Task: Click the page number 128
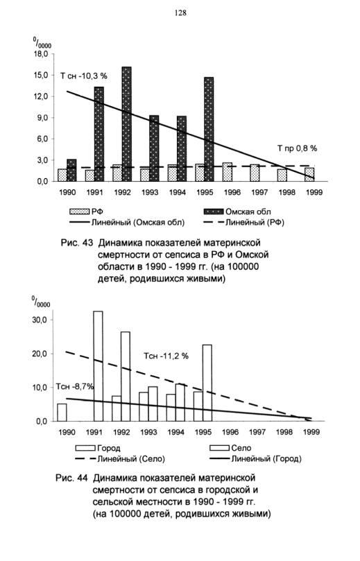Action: pyautogui.click(x=181, y=13)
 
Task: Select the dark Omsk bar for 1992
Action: pyautogui.click(x=127, y=124)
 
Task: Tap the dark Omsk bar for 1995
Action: pyautogui.click(x=209, y=129)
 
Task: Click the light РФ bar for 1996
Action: pyautogui.click(x=228, y=172)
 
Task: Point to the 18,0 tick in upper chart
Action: pyautogui.click(x=41, y=54)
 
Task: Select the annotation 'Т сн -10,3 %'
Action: pyautogui.click(x=84, y=76)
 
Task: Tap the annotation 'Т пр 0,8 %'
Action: pyautogui.click(x=297, y=148)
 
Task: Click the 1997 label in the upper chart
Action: pyautogui.click(x=259, y=193)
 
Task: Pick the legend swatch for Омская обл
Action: pyautogui.click(x=213, y=212)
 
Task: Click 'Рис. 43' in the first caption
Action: pyautogui.click(x=76, y=243)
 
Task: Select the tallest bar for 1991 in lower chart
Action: pyautogui.click(x=98, y=366)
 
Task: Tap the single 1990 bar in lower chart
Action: pyautogui.click(x=62, y=413)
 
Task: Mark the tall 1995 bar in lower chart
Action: pyautogui.click(x=207, y=383)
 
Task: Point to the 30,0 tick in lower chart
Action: pyautogui.click(x=40, y=320)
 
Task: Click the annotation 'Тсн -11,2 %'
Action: pyautogui.click(x=166, y=356)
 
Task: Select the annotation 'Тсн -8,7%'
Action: pyautogui.click(x=75, y=387)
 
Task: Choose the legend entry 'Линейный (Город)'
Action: pyautogui.click(x=266, y=458)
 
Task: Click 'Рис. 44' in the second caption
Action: pyautogui.click(x=71, y=478)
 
